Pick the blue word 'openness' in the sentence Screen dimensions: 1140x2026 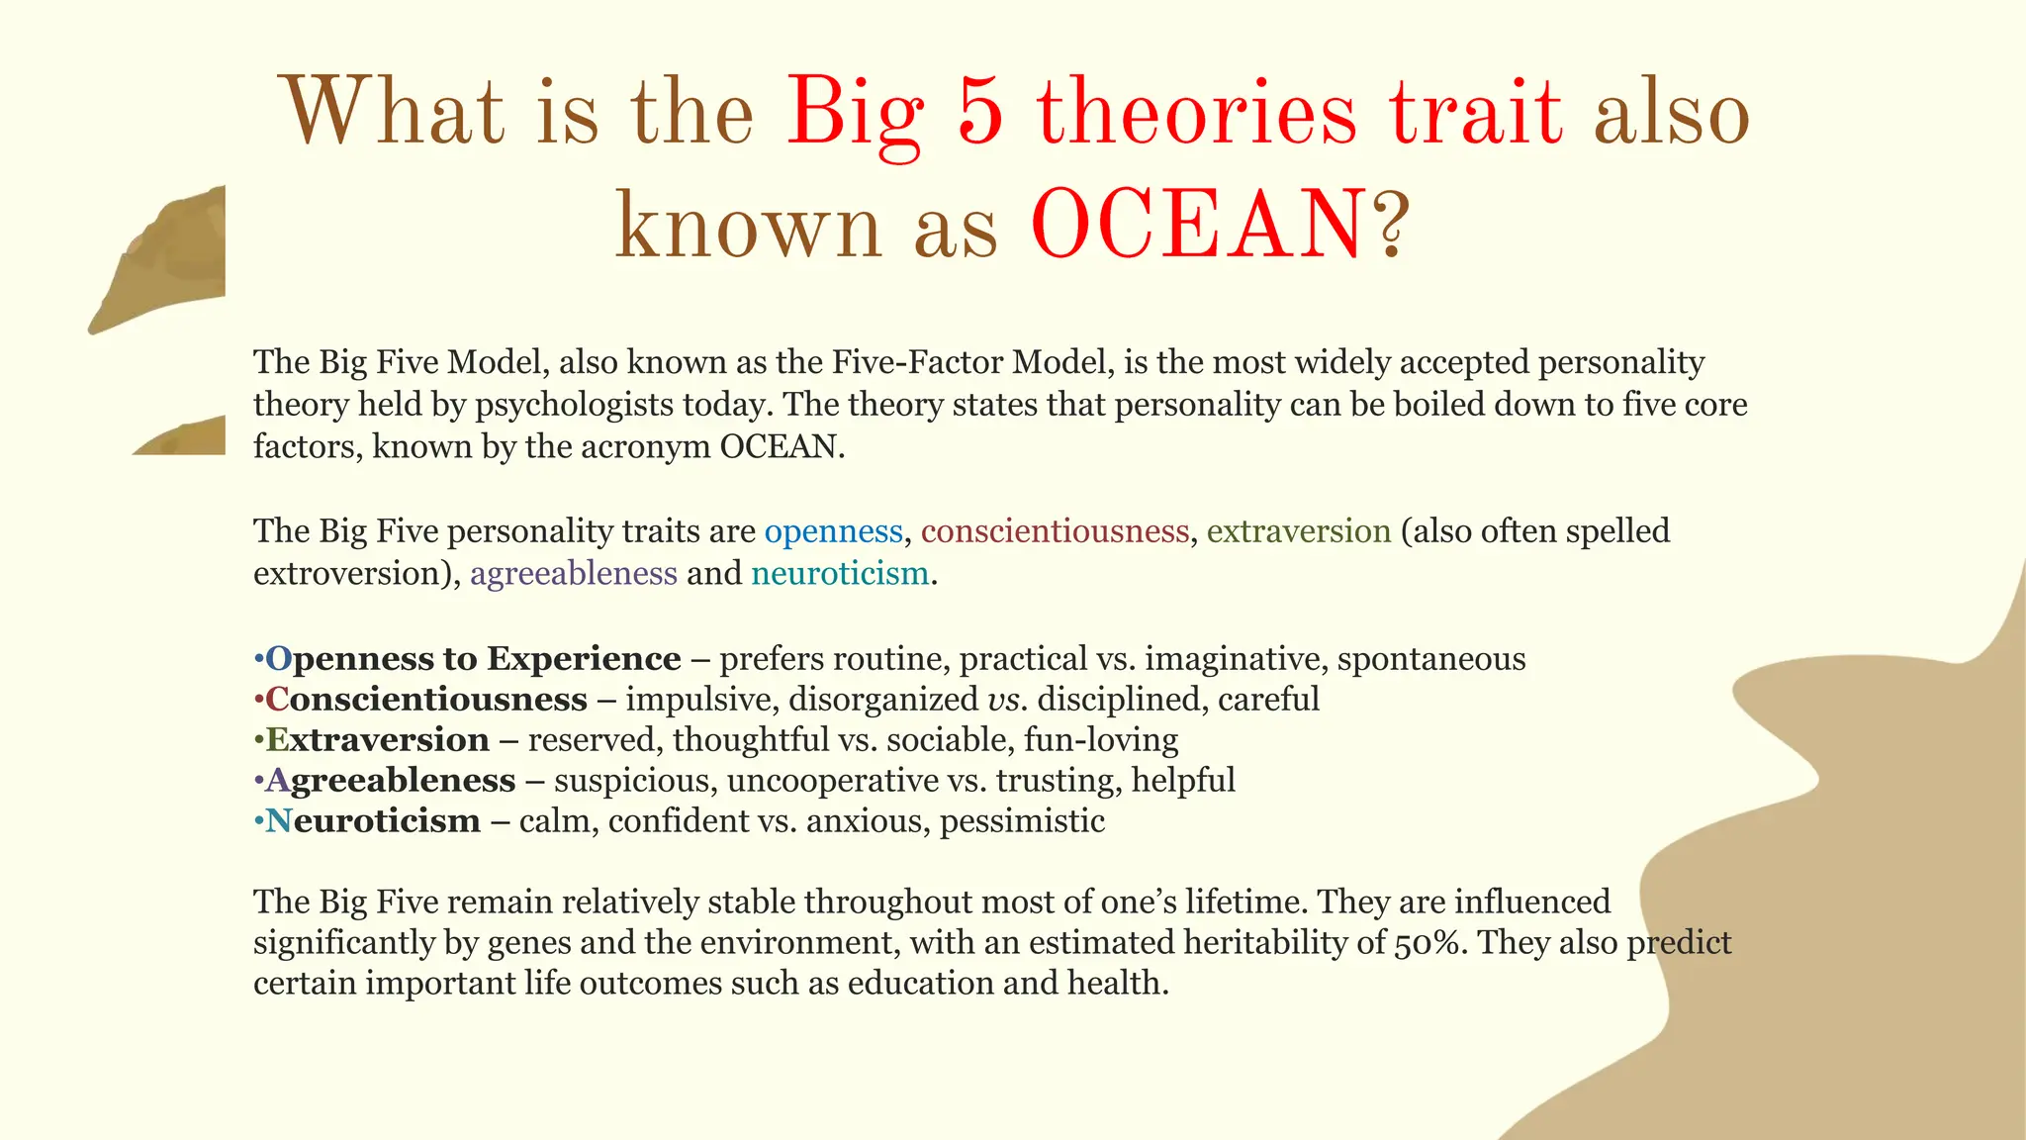[x=833, y=531]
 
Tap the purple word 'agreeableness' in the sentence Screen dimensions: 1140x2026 [x=574, y=574]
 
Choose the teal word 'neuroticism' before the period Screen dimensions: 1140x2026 [x=840, y=574]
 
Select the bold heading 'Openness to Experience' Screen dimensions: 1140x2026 [x=473, y=659]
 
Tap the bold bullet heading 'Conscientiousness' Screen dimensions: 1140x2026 [x=426, y=700]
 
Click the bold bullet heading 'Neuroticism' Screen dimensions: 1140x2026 [x=373, y=821]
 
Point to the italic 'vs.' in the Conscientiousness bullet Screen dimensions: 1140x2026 [x=1007, y=700]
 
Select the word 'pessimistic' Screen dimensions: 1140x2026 [x=1022, y=821]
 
